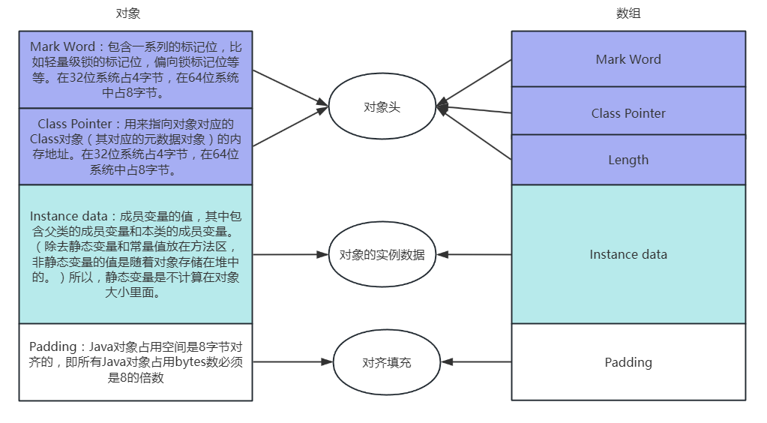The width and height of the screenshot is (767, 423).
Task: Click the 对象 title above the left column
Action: pyautogui.click(x=128, y=13)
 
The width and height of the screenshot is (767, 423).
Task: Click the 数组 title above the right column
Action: pyautogui.click(x=628, y=13)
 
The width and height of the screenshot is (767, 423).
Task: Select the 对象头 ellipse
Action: pyautogui.click(x=382, y=107)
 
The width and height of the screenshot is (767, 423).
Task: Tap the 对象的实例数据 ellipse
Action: pyautogui.click(x=382, y=254)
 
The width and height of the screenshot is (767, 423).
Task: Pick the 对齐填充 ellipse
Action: pyautogui.click(x=386, y=362)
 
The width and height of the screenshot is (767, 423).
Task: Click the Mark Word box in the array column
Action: pyautogui.click(x=628, y=59)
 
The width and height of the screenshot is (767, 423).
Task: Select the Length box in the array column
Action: pyautogui.click(x=628, y=160)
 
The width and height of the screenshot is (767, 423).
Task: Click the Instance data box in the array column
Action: pyautogui.click(x=628, y=254)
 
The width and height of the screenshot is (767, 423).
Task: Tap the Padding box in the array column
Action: pyautogui.click(x=628, y=362)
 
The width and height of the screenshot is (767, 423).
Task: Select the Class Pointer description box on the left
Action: pyautogui.click(x=136, y=147)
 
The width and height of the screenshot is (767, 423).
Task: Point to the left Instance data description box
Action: pyautogui.click(x=136, y=254)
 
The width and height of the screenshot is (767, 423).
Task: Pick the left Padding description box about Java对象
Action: pyautogui.click(x=136, y=362)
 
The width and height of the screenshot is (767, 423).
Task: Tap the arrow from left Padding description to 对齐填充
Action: pyautogui.click(x=292, y=362)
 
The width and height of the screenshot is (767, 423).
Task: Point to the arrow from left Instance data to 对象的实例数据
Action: pyautogui.click(x=290, y=254)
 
